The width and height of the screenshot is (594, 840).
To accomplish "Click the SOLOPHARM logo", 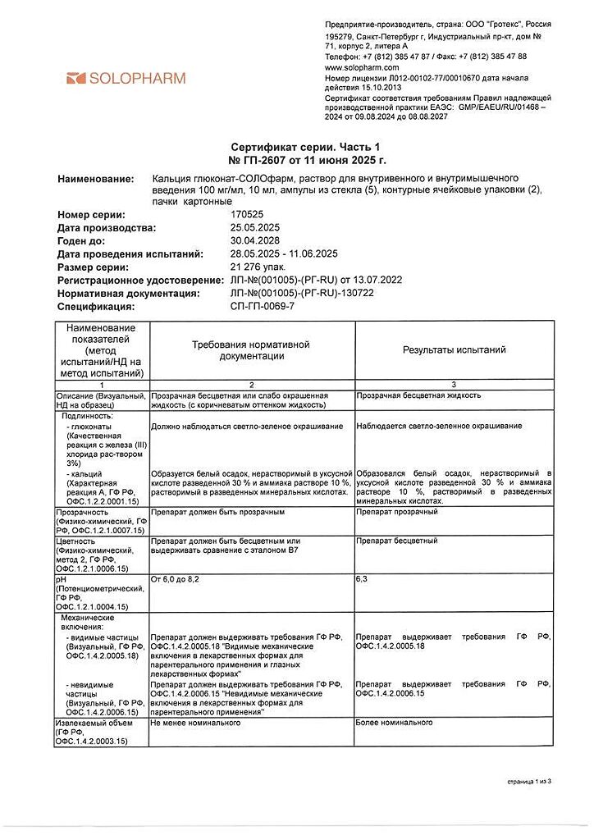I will click(x=126, y=79).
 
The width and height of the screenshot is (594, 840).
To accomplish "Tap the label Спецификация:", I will click(x=95, y=307).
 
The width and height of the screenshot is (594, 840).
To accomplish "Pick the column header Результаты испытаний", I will click(x=454, y=350).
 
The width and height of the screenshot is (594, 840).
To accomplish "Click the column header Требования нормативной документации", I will click(x=251, y=350).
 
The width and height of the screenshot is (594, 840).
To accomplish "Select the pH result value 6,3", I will click(x=362, y=580).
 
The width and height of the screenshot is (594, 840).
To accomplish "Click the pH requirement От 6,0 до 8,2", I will click(x=175, y=580).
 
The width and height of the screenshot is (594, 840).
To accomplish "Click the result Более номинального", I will click(x=394, y=723).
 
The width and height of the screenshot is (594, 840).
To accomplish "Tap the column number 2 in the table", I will click(x=252, y=385).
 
